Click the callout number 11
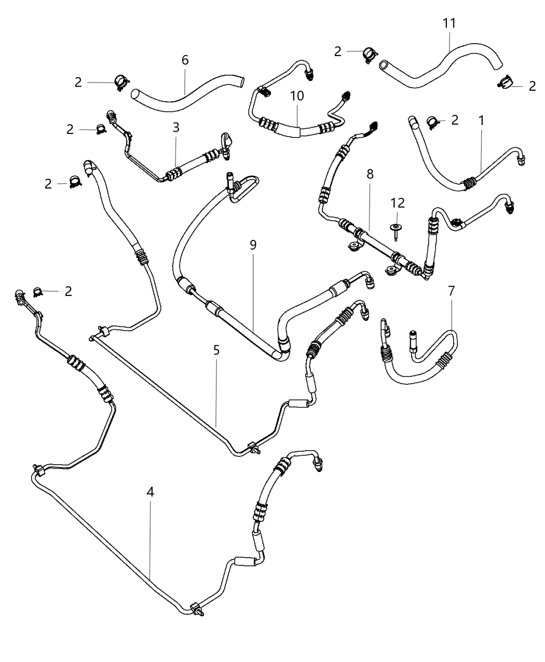(x=449, y=23)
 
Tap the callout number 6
(x=185, y=60)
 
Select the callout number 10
(x=297, y=96)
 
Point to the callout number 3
(x=176, y=127)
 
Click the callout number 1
(x=481, y=120)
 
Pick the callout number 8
(x=370, y=174)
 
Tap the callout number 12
(x=398, y=203)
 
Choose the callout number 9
(x=253, y=245)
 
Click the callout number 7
(x=451, y=291)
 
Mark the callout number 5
(x=216, y=350)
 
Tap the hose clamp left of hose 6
(x=121, y=83)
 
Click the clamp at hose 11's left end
(x=370, y=53)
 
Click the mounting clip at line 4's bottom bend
(x=196, y=608)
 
